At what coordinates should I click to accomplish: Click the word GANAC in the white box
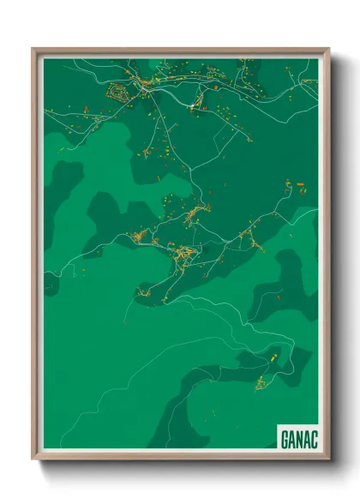coord(298,439)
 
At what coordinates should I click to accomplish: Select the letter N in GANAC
coord(298,439)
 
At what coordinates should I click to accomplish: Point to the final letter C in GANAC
coord(313,439)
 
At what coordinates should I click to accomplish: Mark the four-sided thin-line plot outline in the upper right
coord(307,84)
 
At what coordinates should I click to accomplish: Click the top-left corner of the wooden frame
coord(34,49)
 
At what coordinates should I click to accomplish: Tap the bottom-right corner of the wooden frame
coord(328,459)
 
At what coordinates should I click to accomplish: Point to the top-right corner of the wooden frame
coord(328,49)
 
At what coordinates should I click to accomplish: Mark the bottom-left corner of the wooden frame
coord(34,459)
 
